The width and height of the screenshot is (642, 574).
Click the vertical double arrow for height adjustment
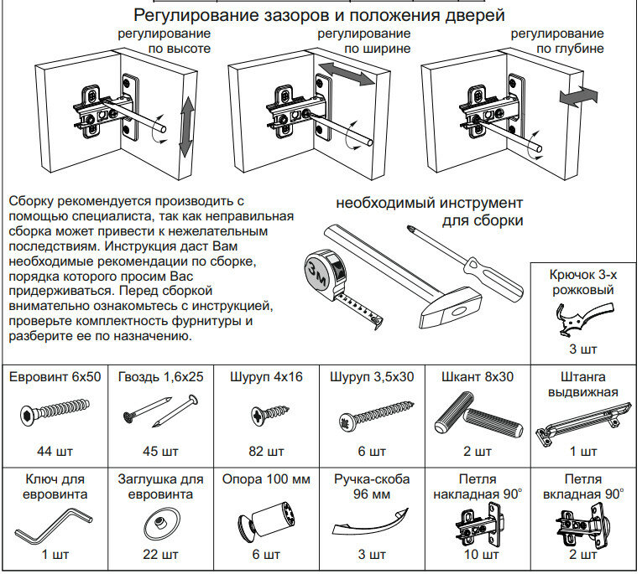tap(186, 126)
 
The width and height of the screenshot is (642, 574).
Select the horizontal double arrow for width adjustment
tap(345, 74)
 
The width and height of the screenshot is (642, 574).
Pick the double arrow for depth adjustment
tap(579, 97)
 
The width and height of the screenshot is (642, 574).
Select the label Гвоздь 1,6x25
tap(160, 377)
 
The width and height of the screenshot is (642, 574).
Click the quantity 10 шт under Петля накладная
tap(478, 555)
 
